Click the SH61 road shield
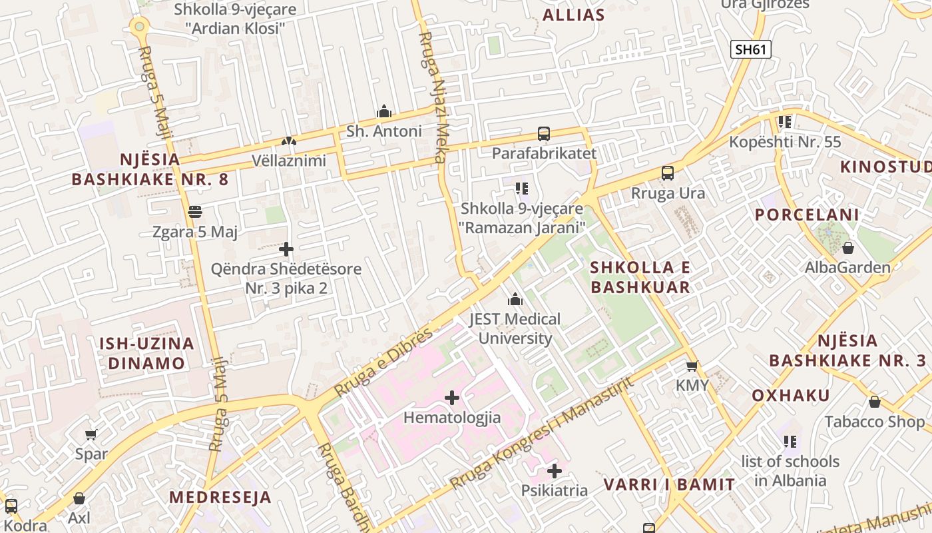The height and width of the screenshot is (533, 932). point(750,49)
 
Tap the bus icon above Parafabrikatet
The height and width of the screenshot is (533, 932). point(543,134)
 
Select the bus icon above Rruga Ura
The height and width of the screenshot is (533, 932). point(667,173)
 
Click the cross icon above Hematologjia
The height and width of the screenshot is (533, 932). point(452,398)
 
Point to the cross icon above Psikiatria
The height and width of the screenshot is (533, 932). point(554,471)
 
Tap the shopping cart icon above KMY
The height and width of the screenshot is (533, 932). point(692,366)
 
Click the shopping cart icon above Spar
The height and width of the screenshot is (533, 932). point(91,434)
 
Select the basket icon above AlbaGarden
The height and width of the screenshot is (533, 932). point(847,248)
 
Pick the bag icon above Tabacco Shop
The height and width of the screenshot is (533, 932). point(874,402)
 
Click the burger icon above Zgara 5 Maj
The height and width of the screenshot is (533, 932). point(195,212)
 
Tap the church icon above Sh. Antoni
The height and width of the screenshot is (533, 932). point(383,111)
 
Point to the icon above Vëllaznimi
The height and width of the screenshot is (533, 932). point(288,141)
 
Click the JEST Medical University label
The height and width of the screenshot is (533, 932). point(515,328)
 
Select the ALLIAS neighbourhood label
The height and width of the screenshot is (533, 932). point(573,15)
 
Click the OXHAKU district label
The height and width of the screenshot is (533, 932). point(791,396)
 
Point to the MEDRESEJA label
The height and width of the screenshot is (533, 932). point(220,497)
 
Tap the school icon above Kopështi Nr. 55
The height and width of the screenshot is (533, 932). point(784,122)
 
